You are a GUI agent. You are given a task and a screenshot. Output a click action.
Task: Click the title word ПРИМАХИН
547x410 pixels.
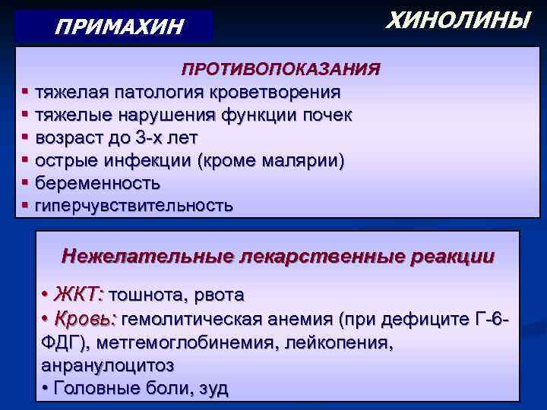[x=119, y=27]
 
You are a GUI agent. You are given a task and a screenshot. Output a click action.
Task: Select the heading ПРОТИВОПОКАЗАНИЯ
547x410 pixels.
[x=280, y=69]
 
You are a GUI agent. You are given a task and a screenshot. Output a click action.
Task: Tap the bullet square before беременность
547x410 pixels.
[x=26, y=183]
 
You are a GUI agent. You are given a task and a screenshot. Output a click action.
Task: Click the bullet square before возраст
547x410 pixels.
[x=26, y=137]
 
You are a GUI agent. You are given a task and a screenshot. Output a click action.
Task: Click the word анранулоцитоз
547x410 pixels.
[x=107, y=364]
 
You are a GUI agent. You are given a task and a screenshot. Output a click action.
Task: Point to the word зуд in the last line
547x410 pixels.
[x=213, y=388]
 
